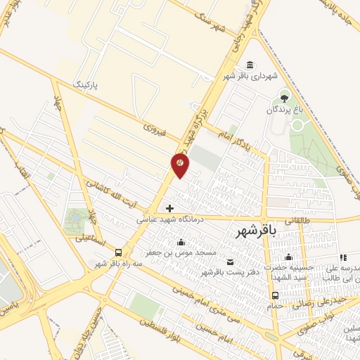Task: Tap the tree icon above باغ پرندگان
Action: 284,98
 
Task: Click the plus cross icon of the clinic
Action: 169,207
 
